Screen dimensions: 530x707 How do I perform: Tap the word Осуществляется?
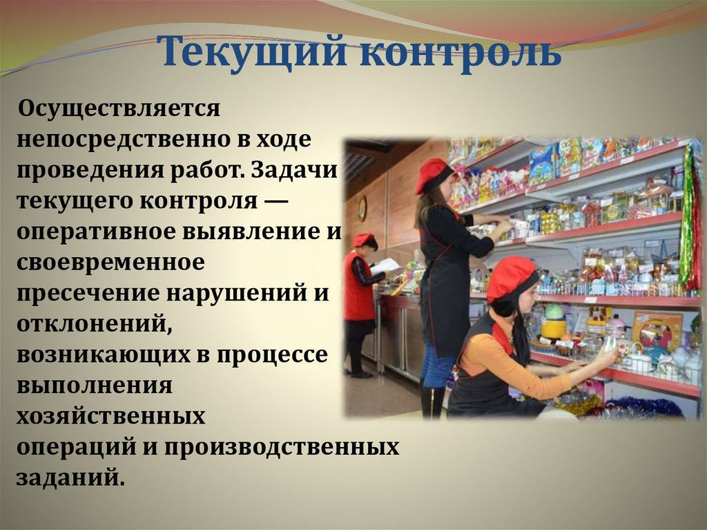pyautogui.click(x=119, y=108)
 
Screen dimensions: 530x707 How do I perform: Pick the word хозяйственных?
pyautogui.click(x=112, y=415)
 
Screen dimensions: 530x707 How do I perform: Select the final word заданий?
pyautogui.click(x=71, y=477)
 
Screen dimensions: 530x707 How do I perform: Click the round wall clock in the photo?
pyautogui.click(x=362, y=208)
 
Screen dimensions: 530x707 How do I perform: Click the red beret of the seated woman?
pyautogui.click(x=511, y=275)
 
